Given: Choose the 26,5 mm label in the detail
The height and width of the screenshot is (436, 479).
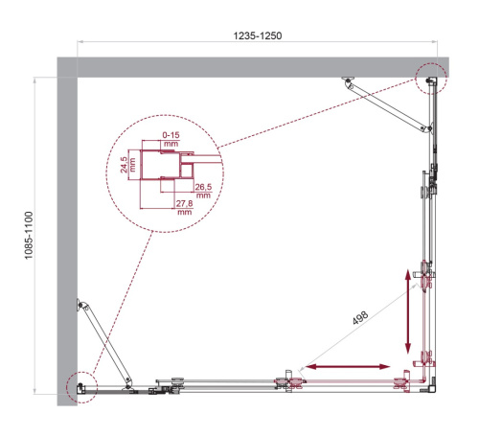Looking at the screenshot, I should (202, 189).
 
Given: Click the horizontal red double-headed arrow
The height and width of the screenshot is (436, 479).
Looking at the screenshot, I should (346, 367).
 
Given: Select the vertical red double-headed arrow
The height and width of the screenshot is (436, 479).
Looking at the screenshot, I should (410, 311).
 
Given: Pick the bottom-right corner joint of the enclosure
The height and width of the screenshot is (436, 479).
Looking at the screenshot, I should (428, 386).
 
